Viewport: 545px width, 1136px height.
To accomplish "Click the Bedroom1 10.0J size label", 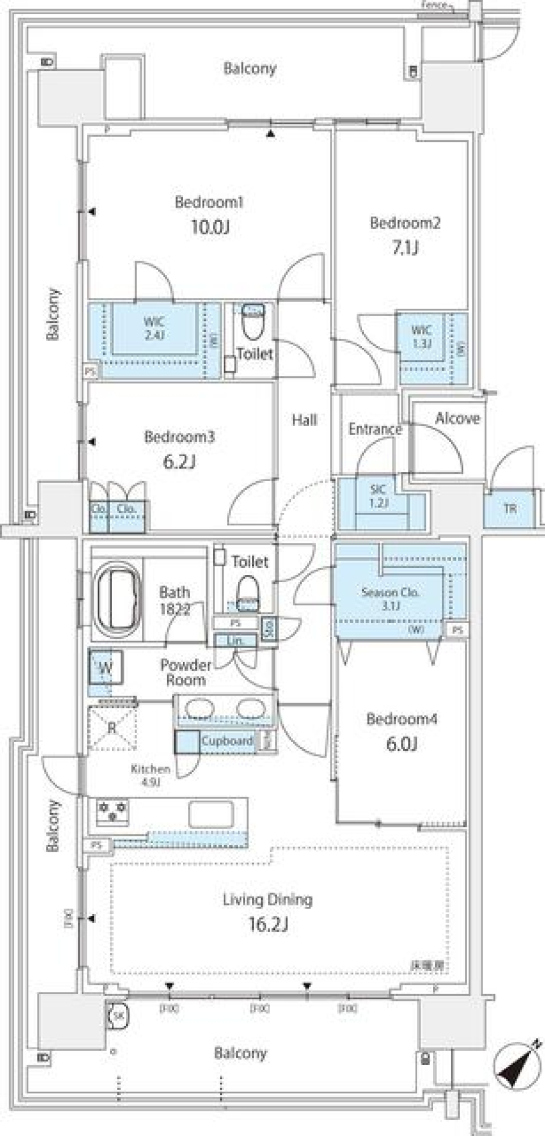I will coord(210,228).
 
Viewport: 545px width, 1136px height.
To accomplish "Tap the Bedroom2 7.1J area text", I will coord(405,248).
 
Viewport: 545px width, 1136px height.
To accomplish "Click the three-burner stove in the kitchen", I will coord(112,810).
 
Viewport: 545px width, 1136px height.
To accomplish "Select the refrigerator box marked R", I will coord(112,727).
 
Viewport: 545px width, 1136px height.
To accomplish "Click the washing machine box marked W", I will coord(106,668).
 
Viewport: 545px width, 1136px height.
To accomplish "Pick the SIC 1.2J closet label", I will coord(378,495).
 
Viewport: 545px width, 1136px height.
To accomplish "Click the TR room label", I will coord(510,509).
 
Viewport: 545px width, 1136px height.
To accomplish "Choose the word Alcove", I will coord(458,418).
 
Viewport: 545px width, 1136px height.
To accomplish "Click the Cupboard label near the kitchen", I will coord(227,741).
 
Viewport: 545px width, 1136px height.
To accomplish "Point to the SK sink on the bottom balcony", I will coord(118,1015).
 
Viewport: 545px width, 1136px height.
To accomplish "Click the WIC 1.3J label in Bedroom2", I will coord(421,336).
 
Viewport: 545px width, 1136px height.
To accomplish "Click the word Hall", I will coord(304,420).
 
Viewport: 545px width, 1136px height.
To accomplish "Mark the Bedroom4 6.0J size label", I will coord(402,744).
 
